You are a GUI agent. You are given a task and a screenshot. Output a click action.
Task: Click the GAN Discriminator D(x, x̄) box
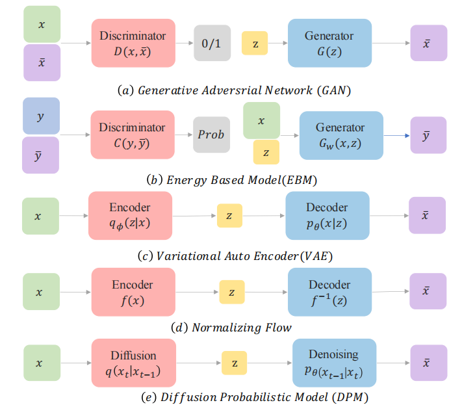pyautogui.click(x=133, y=43)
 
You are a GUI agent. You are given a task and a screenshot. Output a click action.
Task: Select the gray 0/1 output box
pyautogui.click(x=212, y=43)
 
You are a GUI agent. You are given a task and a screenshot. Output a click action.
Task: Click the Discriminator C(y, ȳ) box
pyautogui.click(x=133, y=135)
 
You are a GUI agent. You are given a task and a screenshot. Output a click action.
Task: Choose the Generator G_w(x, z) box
pyautogui.click(x=340, y=135)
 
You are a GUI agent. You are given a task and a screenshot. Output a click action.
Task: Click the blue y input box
pyautogui.click(x=41, y=116)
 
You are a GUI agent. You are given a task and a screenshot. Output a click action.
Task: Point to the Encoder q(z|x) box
pyautogui.click(x=130, y=215)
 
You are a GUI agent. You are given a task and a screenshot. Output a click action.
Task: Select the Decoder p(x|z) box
pyautogui.click(x=327, y=215)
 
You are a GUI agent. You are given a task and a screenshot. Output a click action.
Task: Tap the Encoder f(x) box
pyautogui.click(x=133, y=292)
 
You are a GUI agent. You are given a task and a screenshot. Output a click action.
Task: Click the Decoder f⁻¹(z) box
pyautogui.click(x=329, y=292)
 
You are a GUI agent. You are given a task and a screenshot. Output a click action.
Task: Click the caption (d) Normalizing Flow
pyautogui.click(x=231, y=327)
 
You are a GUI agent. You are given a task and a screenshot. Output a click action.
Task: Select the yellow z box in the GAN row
pyautogui.click(x=255, y=43)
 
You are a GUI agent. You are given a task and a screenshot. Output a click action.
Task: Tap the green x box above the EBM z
pyautogui.click(x=261, y=120)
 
